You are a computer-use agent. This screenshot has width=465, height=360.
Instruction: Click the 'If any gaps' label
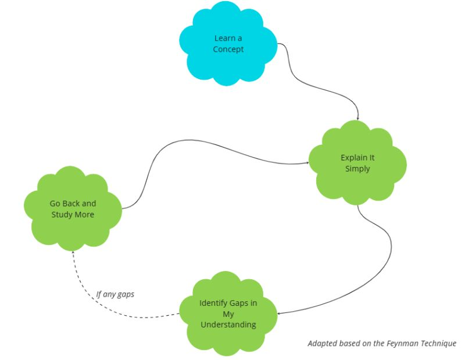115,294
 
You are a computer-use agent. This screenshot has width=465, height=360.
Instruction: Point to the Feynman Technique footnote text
381,343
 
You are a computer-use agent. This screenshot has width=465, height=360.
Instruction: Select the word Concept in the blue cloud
228,49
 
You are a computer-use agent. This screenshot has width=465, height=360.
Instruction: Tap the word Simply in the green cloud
357,169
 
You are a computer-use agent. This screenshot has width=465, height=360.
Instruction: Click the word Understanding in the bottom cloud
228,325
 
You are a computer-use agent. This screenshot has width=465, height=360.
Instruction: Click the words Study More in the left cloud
73,215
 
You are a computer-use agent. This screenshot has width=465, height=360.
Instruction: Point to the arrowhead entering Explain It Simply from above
357,118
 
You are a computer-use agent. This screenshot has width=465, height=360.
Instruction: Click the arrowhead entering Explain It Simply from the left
307,163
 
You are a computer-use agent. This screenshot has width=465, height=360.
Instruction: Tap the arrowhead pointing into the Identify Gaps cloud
279,313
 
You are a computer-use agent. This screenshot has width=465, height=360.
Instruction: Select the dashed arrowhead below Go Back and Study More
73,250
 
